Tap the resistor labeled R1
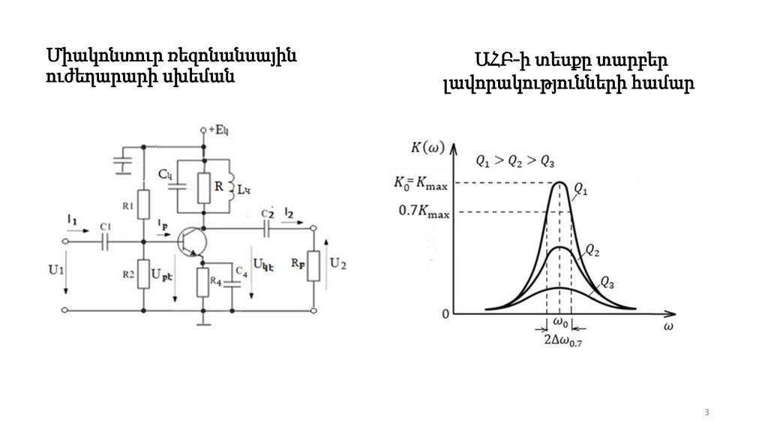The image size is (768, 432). pos(144,204)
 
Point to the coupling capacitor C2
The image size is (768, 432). pos(266,229)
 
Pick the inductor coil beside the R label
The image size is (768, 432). pos(232,186)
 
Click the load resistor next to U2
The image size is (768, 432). pos(314,265)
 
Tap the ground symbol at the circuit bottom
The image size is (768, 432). pos(202,322)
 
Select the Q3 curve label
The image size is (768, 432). pos(608,283)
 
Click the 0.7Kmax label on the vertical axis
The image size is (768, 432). pos(424,211)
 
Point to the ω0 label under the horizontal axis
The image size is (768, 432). pos(560,323)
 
